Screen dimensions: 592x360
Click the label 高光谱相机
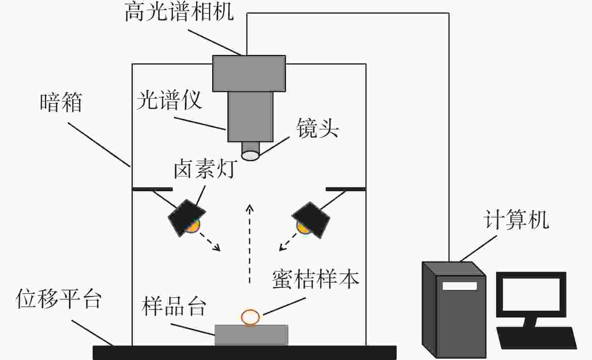tap(179, 12)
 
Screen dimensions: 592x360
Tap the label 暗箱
tap(61, 103)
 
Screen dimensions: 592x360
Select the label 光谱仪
tap(169, 100)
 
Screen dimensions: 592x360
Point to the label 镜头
tap(318, 128)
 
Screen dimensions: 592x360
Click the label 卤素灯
tap(205, 168)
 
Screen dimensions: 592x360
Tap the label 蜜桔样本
tap(316, 279)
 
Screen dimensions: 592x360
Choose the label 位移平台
tap(59, 299)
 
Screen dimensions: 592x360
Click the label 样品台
tap(174, 306)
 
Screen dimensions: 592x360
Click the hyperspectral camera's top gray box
tap(249, 73)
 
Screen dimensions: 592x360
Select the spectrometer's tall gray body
tap(251, 117)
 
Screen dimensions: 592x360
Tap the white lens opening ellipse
tap(250, 156)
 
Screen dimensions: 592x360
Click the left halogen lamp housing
tap(187, 218)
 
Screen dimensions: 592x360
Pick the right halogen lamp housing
tap(311, 220)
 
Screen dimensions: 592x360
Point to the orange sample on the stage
tap(250, 318)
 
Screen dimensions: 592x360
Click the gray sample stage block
tap(251, 335)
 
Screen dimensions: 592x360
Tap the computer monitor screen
tap(531, 294)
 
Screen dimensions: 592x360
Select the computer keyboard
tap(537, 338)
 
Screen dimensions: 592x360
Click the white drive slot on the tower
tap(460, 286)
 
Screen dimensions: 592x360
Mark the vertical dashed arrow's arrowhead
tap(249, 208)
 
